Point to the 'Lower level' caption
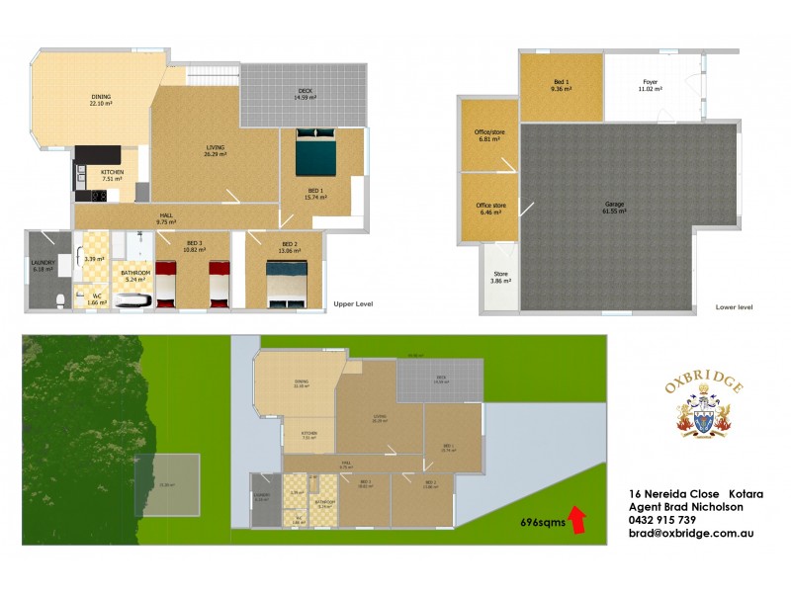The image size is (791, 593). click(734, 307)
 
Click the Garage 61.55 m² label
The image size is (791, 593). click(614, 208)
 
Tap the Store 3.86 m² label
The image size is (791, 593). click(501, 278)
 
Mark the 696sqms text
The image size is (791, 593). click(542, 525)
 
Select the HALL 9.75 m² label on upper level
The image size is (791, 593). click(167, 219)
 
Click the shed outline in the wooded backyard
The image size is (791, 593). click(167, 484)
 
